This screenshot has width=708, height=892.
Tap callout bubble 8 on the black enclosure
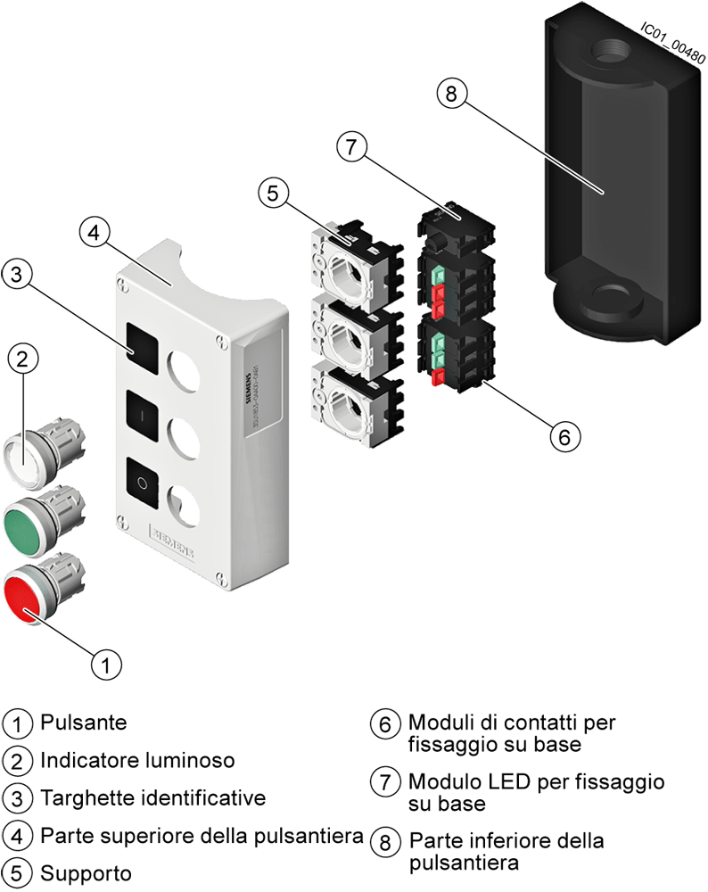tap(452, 94)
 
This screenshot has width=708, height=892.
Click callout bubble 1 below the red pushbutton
tap(108, 664)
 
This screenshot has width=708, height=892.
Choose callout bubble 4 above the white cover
tap(95, 234)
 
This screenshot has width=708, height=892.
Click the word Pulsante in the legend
tap(83, 722)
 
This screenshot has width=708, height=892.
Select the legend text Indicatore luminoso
tap(137, 760)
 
